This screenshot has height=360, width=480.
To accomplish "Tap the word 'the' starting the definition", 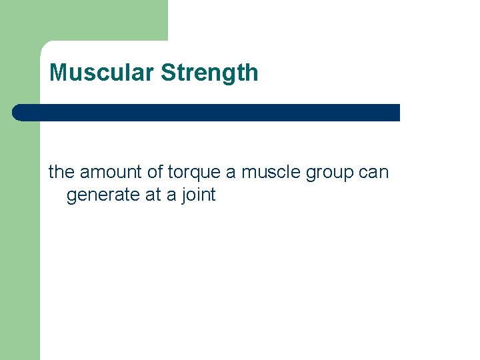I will (x=61, y=172).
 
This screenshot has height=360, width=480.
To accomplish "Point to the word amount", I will (x=111, y=173).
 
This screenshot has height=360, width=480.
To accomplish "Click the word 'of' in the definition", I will (x=155, y=172).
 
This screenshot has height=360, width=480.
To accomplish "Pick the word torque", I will (x=194, y=173).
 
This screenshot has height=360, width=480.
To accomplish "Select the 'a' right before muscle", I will (x=231, y=173).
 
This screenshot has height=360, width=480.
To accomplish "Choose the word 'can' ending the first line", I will (x=374, y=173).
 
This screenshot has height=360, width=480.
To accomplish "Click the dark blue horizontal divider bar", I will (x=207, y=113).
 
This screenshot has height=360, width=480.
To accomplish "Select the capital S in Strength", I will (x=168, y=73).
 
